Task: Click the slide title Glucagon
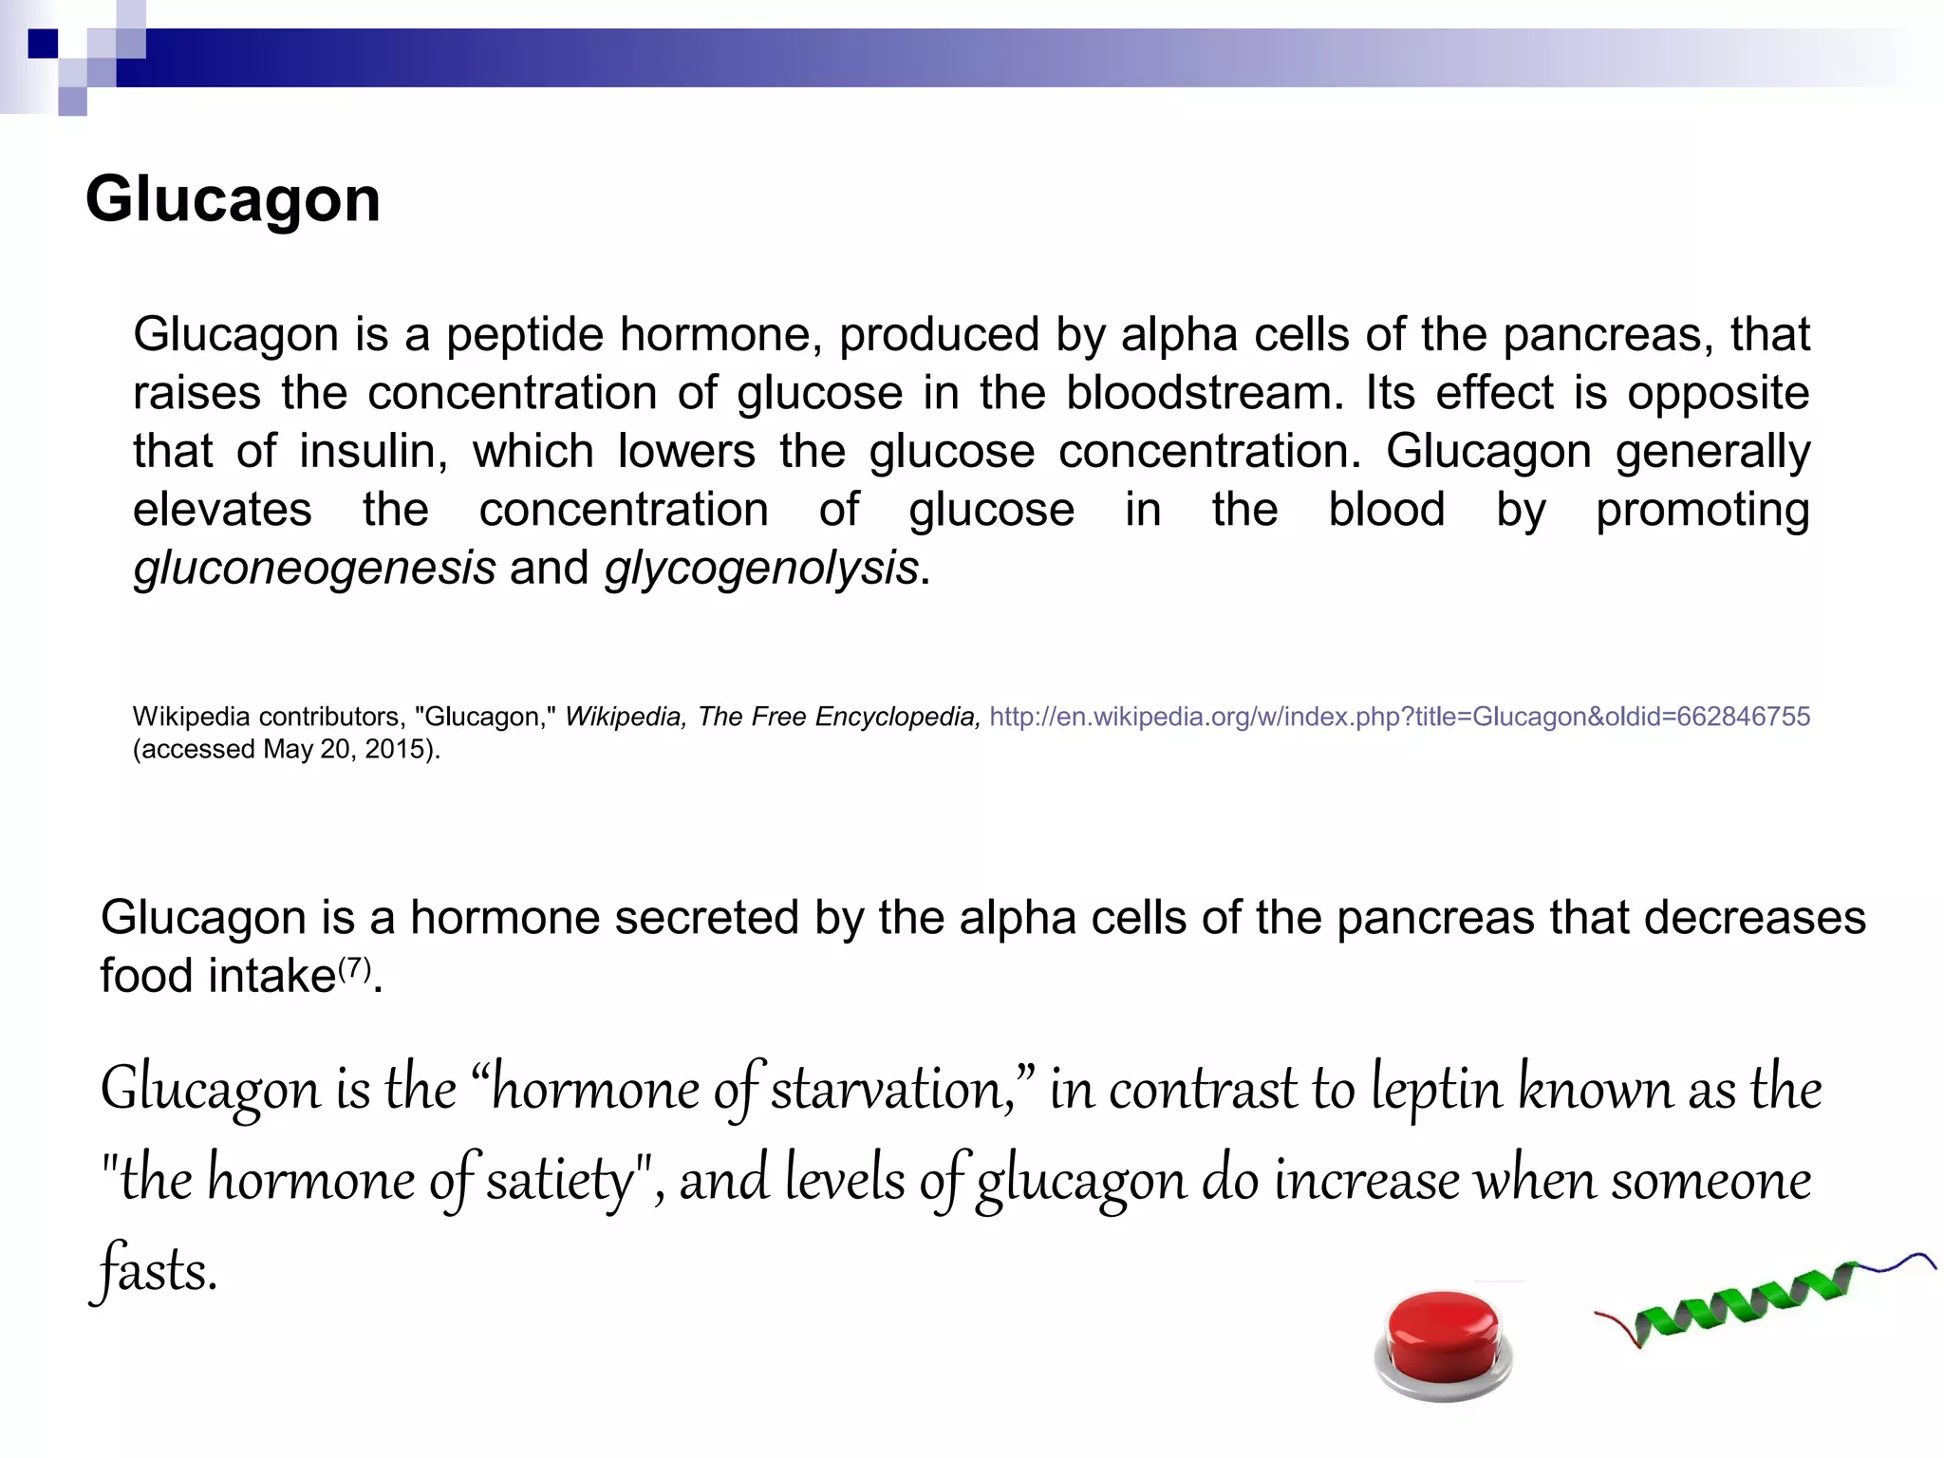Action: [233, 199]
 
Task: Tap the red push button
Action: [1442, 1340]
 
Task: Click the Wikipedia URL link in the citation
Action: [1399, 717]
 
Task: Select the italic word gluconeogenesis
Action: [314, 569]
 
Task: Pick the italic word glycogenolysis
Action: [761, 569]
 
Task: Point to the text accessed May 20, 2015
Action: [287, 750]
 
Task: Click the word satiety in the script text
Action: [559, 1180]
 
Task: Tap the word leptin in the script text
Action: [1436, 1089]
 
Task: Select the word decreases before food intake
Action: [1754, 918]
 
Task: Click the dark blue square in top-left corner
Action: [43, 44]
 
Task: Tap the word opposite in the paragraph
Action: [1718, 393]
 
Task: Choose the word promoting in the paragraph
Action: [1702, 510]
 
